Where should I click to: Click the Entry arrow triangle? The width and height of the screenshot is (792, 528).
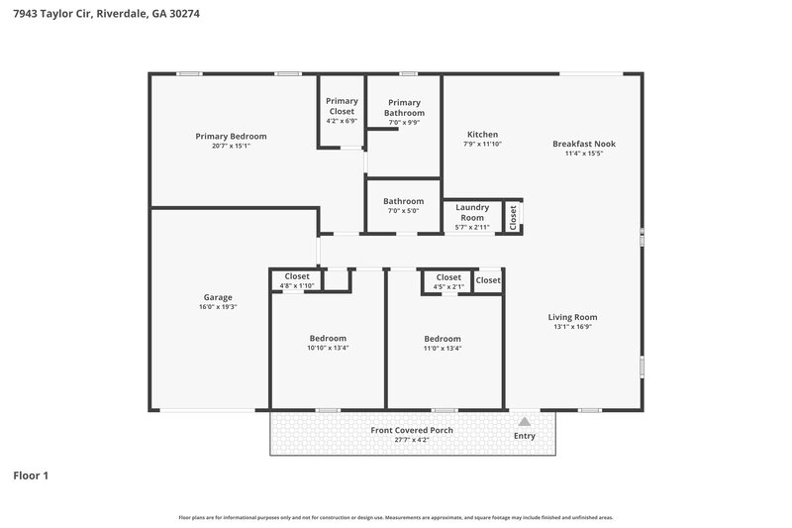525,421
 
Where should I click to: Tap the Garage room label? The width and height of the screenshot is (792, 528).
218,297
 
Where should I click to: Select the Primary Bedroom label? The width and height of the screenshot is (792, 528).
231,136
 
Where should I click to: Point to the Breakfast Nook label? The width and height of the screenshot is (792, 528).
577,144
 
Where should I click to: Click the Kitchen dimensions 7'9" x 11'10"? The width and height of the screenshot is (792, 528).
483,145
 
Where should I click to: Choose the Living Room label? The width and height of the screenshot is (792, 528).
573,317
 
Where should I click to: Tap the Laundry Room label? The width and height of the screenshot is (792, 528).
472,212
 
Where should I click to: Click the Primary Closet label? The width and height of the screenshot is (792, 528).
342,106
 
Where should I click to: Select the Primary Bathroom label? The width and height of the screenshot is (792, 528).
404,108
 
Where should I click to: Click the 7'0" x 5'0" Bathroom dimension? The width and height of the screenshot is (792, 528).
404,211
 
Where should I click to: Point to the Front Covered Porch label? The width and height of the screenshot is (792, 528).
412,430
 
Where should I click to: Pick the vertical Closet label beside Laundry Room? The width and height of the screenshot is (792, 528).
513,216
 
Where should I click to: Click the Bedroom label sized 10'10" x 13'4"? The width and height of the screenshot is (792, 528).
328,338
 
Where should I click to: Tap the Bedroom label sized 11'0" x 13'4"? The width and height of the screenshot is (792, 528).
443,338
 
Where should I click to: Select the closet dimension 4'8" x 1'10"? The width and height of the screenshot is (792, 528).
297,286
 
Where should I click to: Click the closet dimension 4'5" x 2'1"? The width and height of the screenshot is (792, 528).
448,287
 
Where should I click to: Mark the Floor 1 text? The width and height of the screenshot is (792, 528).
31,475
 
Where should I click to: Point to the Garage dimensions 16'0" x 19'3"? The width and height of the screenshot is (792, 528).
218,307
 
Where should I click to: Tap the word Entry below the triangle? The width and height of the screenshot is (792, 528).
525,436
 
